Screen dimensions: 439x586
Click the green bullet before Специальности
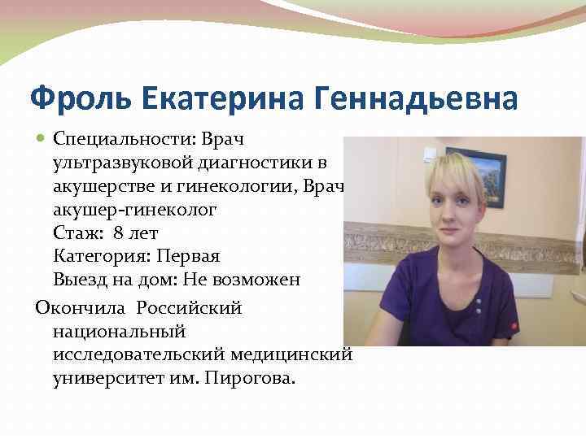click(x=41, y=140)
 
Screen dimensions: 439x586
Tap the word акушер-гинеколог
click(x=135, y=210)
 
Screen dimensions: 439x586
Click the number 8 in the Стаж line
click(x=120, y=233)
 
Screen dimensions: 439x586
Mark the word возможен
click(x=260, y=280)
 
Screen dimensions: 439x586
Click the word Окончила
click(x=79, y=308)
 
